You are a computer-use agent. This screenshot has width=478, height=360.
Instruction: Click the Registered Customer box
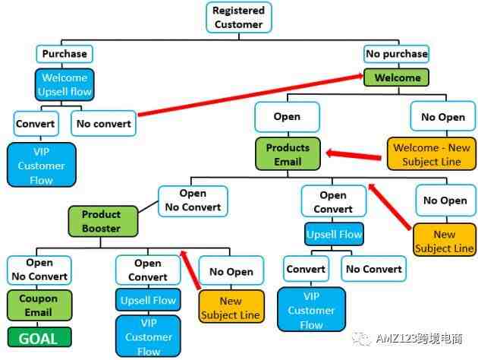pyautogui.click(x=239, y=17)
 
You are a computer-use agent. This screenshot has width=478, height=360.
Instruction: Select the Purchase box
pyautogui.click(x=64, y=54)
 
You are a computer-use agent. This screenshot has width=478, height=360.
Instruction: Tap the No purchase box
pyautogui.click(x=397, y=54)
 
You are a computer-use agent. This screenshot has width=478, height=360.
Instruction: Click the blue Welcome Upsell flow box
pyautogui.click(x=64, y=84)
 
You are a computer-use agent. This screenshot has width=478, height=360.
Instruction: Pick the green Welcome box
pyautogui.click(x=396, y=77)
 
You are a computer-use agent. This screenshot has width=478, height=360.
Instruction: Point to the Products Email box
pyautogui.click(x=288, y=154)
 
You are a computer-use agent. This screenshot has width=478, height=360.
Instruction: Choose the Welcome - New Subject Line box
pyautogui.click(x=432, y=154)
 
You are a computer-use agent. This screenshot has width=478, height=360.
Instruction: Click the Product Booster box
pyautogui.click(x=103, y=222)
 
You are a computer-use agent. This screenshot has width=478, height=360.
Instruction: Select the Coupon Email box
pyautogui.click(x=39, y=305)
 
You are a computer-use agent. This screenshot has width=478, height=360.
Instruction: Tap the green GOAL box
pyautogui.click(x=39, y=337)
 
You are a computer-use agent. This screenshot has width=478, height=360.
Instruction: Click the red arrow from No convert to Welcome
pyautogui.click(x=250, y=95)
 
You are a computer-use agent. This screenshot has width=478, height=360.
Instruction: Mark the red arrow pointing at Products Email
pyautogui.click(x=354, y=155)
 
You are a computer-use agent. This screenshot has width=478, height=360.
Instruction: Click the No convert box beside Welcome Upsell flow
pyautogui.click(x=104, y=124)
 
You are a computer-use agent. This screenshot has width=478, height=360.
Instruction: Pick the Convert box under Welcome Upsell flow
pyautogui.click(x=36, y=124)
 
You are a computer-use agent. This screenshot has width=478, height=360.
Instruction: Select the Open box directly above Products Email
pyautogui.click(x=287, y=117)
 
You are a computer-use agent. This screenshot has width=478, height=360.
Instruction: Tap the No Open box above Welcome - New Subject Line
pyautogui.click(x=443, y=116)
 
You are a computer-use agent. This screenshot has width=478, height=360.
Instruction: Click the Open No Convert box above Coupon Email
pyautogui.click(x=39, y=270)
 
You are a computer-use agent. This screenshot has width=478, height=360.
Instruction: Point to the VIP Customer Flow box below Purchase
pyautogui.click(x=42, y=165)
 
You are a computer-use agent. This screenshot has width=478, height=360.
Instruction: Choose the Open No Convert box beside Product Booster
pyautogui.click(x=193, y=201)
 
